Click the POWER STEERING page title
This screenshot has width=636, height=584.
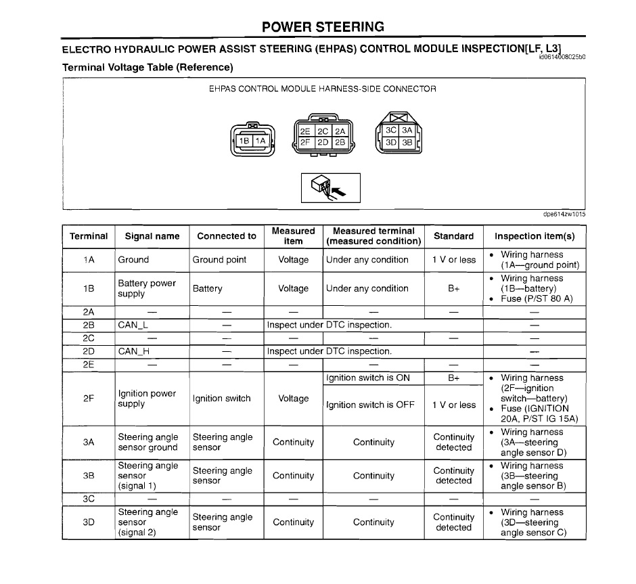323,27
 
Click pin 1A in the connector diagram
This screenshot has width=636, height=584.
261,141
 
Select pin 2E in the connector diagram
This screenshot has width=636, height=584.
305,131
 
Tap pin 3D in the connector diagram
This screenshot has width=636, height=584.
391,143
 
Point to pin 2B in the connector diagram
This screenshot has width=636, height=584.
340,142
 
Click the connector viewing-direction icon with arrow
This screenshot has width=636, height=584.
330,187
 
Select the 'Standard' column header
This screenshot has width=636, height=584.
453,236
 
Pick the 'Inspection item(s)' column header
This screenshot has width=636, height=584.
535,236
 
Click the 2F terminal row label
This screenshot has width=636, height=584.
89,399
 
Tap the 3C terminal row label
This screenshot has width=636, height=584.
89,499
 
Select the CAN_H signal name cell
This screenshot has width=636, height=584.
133,351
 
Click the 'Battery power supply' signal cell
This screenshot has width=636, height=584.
146,288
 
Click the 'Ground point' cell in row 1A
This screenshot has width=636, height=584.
219,260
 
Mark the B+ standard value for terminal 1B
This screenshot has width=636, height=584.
453,288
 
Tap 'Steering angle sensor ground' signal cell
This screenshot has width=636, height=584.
147,442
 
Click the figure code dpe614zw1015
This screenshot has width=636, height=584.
564,215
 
